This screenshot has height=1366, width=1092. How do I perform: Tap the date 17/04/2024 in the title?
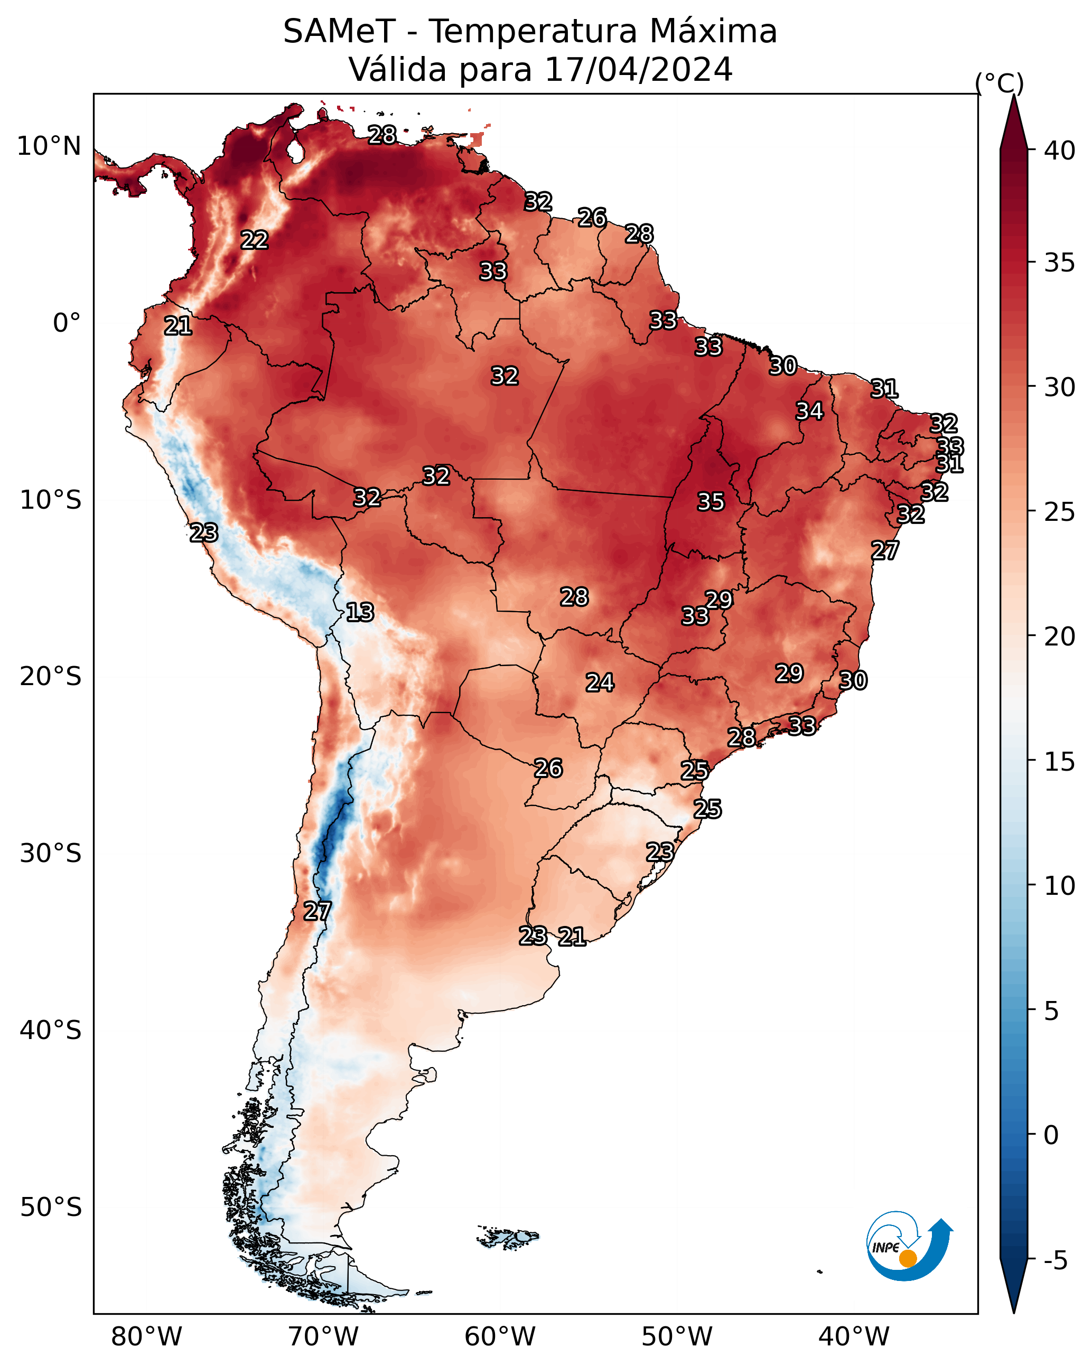click(x=638, y=70)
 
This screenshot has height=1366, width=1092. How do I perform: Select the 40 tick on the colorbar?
click(x=1060, y=151)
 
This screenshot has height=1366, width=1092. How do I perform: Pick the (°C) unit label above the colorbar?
click(x=1000, y=83)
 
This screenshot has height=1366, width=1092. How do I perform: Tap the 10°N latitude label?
click(x=49, y=146)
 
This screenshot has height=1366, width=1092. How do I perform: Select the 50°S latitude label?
click(x=51, y=1207)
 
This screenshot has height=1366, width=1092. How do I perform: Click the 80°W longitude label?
click(x=146, y=1336)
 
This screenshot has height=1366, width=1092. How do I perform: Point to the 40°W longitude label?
click(x=854, y=1336)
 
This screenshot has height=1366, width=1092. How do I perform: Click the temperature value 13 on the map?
click(x=360, y=612)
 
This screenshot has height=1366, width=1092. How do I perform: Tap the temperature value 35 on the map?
click(x=711, y=502)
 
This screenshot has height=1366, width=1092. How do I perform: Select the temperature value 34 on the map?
click(x=809, y=411)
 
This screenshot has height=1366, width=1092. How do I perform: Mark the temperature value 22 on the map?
click(x=254, y=240)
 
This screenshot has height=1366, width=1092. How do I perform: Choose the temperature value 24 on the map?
click(x=599, y=682)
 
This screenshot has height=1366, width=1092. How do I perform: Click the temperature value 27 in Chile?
click(x=317, y=911)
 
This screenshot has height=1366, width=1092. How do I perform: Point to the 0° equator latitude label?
click(x=67, y=323)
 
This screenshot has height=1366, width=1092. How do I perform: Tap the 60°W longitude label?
click(x=500, y=1336)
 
